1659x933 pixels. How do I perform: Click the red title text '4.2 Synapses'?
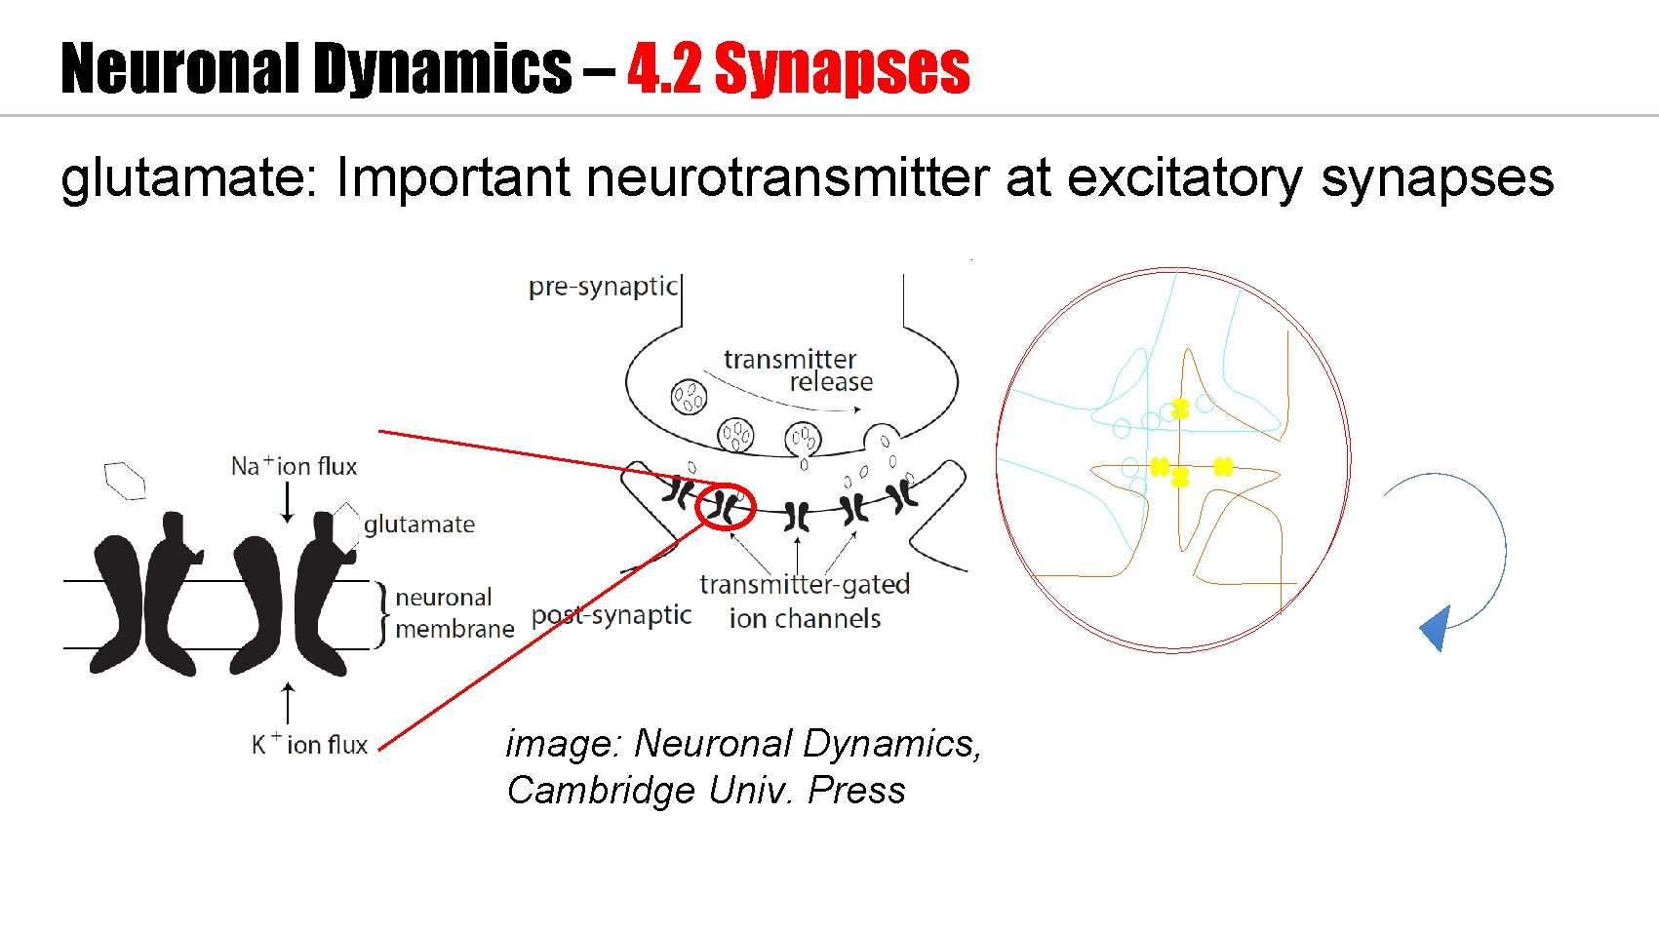pos(798,68)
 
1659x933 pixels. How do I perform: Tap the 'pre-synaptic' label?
pos(602,287)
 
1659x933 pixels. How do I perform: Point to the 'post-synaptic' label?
pos(611,616)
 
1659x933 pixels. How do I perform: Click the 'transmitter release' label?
pos(798,370)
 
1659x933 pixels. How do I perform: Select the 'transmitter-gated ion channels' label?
pos(805,601)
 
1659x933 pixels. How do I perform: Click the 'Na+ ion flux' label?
pos(294,466)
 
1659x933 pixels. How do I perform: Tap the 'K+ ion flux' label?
pos(309,745)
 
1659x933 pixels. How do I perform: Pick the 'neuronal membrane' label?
pos(453,612)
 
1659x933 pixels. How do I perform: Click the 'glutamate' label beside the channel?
pos(418,525)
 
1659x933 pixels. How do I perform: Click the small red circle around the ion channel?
pos(726,506)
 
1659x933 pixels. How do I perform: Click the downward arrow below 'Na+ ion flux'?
pos(287,503)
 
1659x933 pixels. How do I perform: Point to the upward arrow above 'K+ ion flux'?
pos(287,702)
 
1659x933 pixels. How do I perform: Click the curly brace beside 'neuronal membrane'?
pos(381,614)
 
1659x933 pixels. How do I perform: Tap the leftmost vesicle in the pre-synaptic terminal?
pos(689,396)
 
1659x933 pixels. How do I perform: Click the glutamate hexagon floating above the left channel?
pos(125,480)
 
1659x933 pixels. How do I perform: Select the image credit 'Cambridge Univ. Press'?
pos(706,790)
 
